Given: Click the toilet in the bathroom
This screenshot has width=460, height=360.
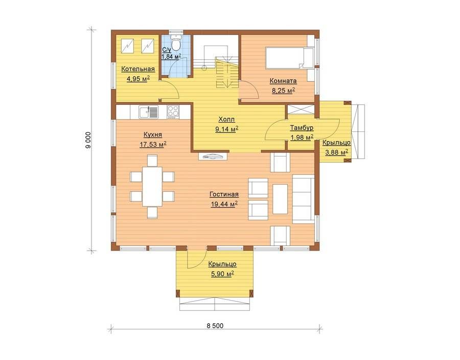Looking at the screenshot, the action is tap(176, 43).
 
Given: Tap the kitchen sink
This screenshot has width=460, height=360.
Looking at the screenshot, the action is tap(148, 112).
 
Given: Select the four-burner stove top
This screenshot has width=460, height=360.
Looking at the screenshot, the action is tap(173, 112).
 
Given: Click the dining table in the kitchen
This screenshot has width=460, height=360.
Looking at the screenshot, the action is tap(152, 186).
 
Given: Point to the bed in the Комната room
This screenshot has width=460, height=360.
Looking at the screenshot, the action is tap(289, 58).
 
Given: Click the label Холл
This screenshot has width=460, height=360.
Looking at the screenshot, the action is tap(226, 120).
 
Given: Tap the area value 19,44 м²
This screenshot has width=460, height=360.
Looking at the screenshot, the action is tap(224, 204).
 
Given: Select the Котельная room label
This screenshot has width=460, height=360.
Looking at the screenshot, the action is tap(138, 69).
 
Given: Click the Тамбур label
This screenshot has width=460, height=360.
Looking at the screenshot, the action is tap(302, 128).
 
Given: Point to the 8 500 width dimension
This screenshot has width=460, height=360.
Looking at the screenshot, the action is tap(215, 326).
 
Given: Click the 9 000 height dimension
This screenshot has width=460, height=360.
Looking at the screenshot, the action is tap(88, 140).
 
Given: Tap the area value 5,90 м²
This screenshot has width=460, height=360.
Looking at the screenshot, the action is tap(222, 274).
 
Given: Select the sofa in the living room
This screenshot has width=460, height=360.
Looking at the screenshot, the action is tap(303, 198).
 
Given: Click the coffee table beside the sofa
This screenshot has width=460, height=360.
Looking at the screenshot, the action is tap(280, 199).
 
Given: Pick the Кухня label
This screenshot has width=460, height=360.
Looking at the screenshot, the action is tap(152, 134).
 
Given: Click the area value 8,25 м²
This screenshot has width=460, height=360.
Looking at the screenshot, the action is tap(283, 91).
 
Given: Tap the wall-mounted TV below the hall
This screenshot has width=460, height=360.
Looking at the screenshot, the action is tap(213, 156).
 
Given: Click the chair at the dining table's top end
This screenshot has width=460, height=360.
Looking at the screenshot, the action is tap(152, 161).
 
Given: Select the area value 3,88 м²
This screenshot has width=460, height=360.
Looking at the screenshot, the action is tap(336, 152).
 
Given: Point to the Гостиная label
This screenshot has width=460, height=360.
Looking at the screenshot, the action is tap(224, 194).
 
